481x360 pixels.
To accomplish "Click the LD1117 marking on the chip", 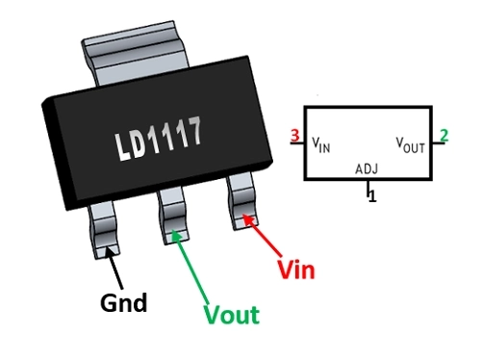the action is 159,139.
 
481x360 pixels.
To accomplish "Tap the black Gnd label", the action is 124,302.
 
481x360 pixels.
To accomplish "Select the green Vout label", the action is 232,315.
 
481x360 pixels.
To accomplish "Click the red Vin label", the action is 296,270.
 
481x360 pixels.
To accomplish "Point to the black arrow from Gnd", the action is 114,268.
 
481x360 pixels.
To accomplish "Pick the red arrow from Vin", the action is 262,235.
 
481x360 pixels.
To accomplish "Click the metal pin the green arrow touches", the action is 173,216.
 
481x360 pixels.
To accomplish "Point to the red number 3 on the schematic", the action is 295,136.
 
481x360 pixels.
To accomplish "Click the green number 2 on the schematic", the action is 443,136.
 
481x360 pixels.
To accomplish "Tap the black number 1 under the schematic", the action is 372,196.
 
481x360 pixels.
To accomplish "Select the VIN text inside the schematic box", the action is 321,144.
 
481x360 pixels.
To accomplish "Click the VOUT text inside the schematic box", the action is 410,145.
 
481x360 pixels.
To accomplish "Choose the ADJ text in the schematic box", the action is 367,168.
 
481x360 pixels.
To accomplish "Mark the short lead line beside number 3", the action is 297,142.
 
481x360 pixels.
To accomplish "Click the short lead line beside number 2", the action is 439,143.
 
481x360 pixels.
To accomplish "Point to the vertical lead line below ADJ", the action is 368,188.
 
